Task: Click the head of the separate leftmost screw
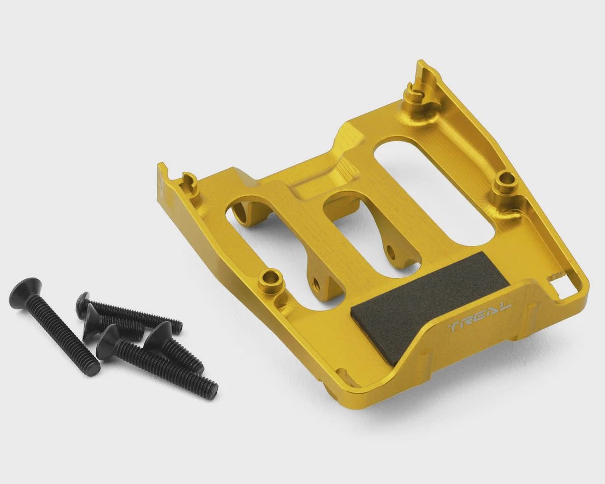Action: (x=24, y=290)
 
